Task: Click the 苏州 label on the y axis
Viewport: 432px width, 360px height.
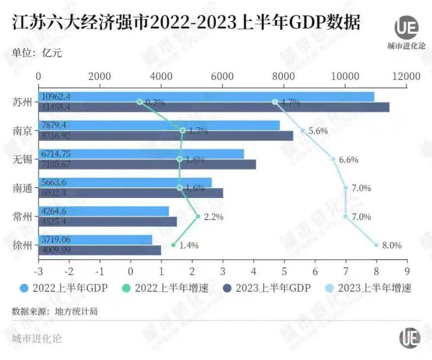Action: [22, 102]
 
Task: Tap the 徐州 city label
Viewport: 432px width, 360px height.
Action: [22, 245]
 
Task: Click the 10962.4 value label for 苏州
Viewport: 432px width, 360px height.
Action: [55, 97]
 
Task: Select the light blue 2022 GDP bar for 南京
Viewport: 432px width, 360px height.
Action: [173, 125]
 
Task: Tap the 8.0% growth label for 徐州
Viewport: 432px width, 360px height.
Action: [392, 245]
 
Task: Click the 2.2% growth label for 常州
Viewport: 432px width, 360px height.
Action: [213, 217]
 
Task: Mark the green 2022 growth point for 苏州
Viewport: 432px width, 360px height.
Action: [140, 102]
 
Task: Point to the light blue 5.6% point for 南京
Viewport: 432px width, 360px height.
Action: [302, 131]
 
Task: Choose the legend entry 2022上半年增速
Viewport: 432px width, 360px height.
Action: [166, 288]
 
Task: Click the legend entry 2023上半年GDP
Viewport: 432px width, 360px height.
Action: [267, 288]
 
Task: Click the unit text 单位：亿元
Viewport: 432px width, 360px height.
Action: [37, 54]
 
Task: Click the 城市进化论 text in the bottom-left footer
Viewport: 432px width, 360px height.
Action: [37, 338]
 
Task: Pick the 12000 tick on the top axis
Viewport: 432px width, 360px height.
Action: [406, 76]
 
